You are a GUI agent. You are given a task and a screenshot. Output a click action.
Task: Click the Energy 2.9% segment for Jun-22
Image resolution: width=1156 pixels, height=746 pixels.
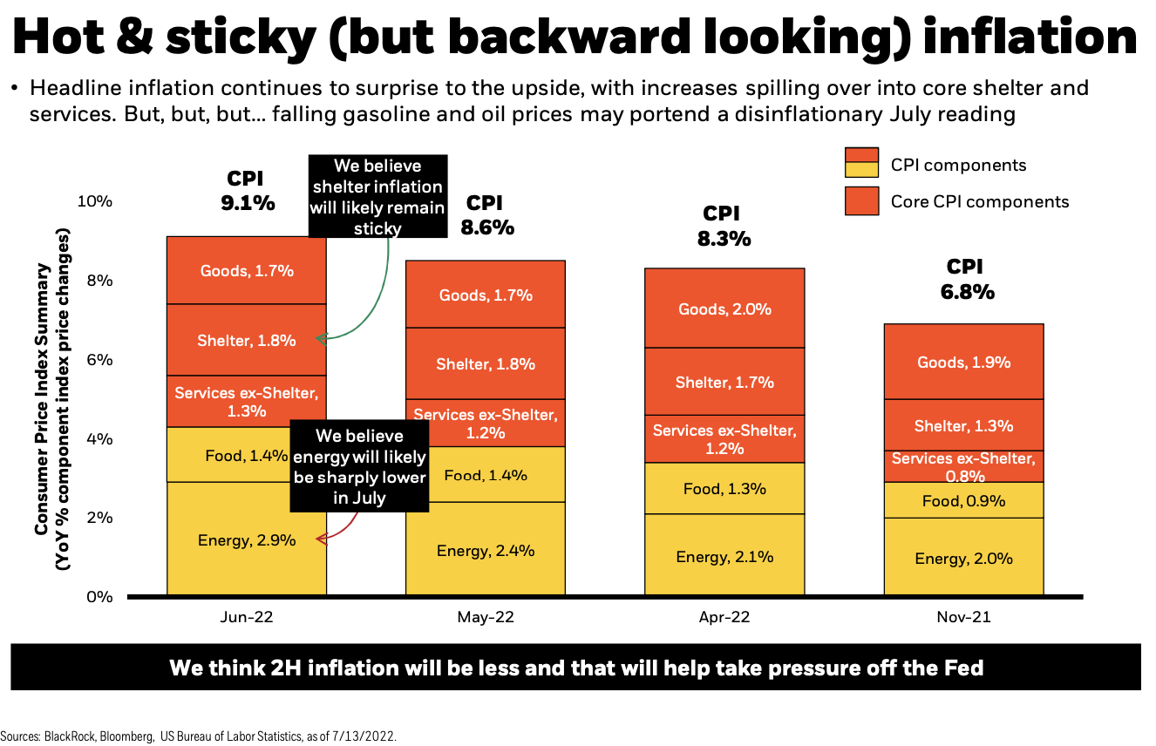[x=247, y=540]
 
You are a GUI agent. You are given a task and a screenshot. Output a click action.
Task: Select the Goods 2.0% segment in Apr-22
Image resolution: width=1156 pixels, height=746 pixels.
[x=724, y=309]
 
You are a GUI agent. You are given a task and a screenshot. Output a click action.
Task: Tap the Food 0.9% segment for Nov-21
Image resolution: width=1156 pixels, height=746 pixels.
[x=963, y=500]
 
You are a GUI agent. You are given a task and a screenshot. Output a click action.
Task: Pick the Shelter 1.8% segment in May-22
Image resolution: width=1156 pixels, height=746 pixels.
[x=486, y=364]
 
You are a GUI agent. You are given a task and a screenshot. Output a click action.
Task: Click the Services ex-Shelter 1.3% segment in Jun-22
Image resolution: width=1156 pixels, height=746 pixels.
[x=247, y=401]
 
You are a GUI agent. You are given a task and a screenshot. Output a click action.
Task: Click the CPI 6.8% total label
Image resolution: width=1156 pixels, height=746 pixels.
[x=965, y=280]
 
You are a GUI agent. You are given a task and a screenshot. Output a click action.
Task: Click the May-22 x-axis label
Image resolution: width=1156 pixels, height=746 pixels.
[x=486, y=617]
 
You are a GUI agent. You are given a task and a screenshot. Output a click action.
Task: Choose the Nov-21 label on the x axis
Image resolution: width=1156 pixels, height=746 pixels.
[x=963, y=617]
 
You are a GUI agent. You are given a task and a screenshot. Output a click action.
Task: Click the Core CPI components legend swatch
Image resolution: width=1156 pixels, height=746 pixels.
[x=861, y=201]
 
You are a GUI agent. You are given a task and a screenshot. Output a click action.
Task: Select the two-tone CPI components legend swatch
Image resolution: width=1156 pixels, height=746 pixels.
[x=861, y=163]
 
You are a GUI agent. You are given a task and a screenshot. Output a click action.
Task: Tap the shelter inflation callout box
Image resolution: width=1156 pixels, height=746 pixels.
[x=377, y=197]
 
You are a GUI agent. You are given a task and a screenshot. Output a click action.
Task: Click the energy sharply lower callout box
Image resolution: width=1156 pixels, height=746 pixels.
[x=360, y=466]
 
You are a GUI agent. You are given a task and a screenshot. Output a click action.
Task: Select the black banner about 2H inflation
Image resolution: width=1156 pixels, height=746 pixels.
[x=576, y=668]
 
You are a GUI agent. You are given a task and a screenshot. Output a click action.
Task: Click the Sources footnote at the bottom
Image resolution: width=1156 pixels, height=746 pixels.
[x=199, y=736]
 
